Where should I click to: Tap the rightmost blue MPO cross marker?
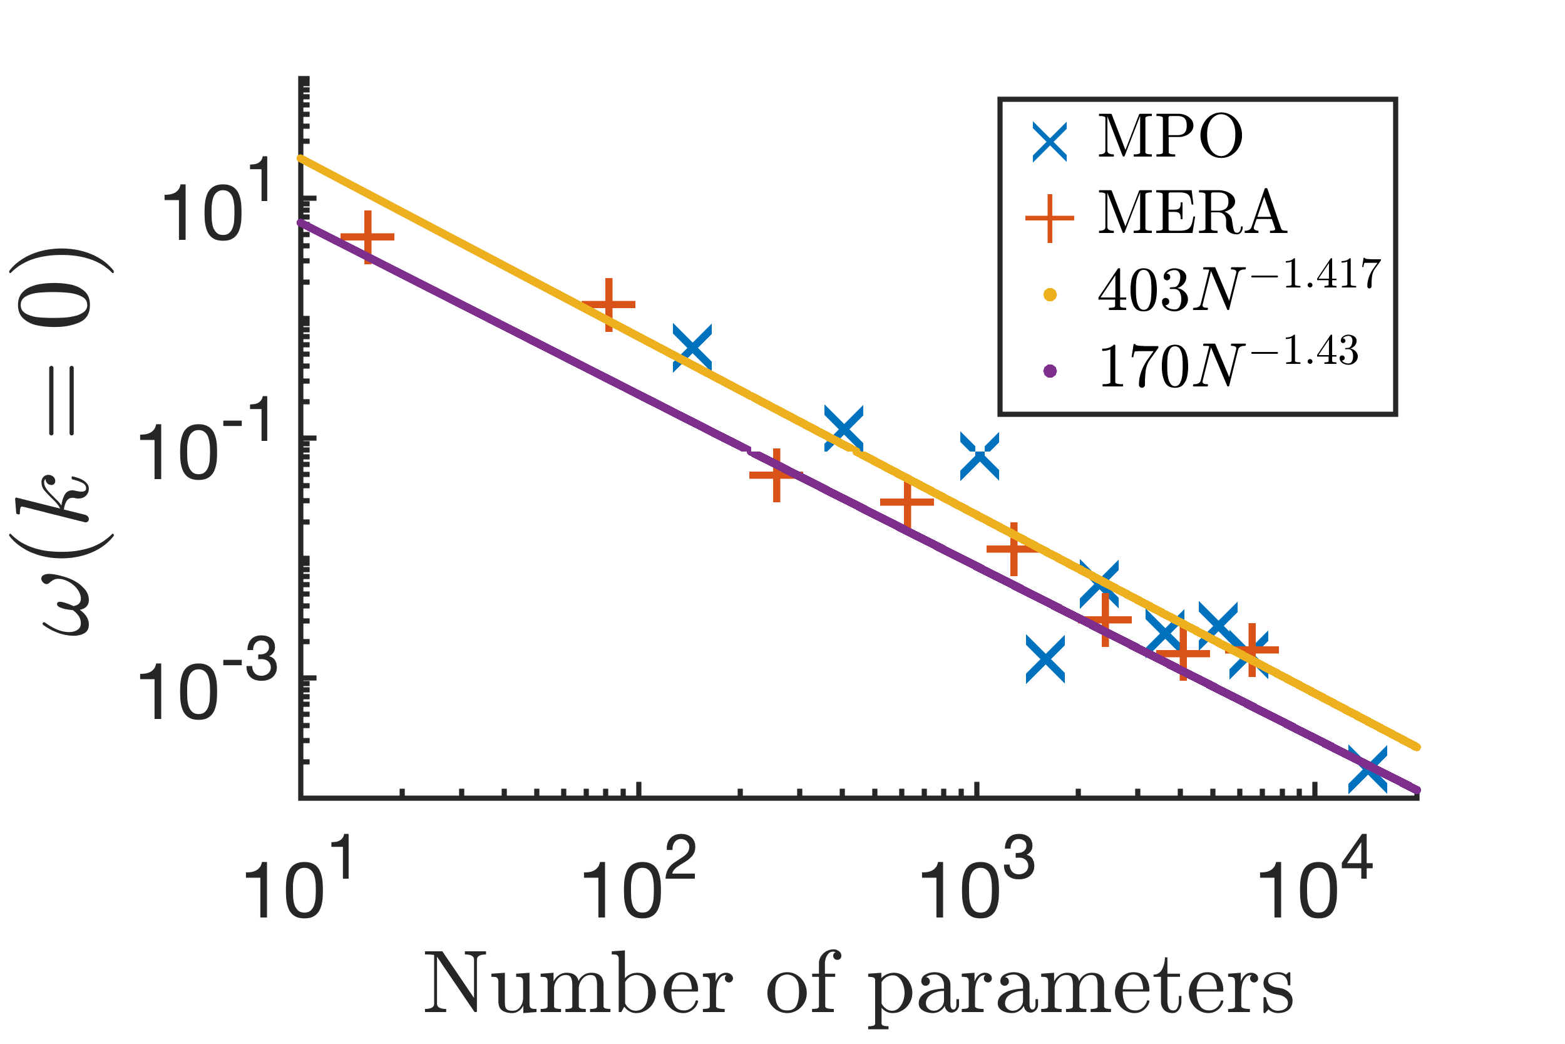coord(1368,770)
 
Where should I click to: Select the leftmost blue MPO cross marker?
coord(692,348)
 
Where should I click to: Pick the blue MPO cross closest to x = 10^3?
coord(980,456)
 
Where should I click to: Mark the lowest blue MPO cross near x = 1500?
coord(1045,659)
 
